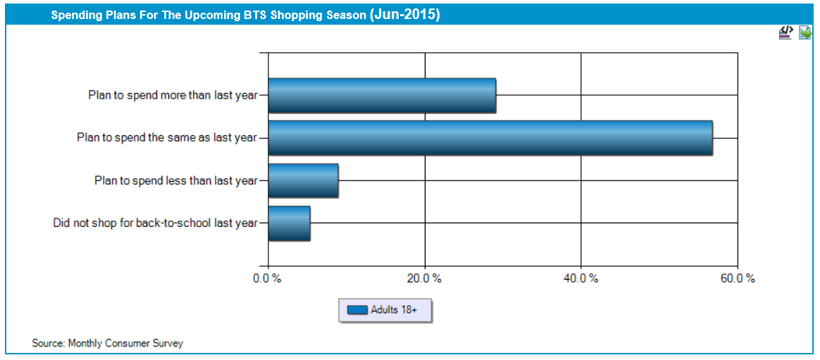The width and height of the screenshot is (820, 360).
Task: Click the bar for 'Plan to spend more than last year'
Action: coord(382,95)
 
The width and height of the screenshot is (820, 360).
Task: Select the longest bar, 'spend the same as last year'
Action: coord(490,137)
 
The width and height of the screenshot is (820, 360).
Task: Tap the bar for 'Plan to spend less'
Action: coord(303,180)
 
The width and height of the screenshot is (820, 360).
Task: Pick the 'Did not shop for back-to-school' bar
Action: coord(289,223)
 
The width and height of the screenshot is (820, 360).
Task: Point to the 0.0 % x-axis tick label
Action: coord(267,278)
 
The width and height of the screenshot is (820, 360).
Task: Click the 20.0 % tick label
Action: coord(425,278)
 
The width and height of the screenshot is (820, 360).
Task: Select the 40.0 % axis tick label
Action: coord(581,278)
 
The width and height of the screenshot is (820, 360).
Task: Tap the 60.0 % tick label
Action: coord(738,278)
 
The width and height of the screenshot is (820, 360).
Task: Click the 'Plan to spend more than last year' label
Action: coord(173,95)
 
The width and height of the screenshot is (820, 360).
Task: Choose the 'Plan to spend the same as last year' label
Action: coord(168,137)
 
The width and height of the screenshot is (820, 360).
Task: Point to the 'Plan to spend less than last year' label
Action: coord(176,180)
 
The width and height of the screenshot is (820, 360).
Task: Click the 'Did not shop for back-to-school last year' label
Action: coord(156,223)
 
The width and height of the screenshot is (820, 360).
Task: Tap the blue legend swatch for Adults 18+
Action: coord(357,310)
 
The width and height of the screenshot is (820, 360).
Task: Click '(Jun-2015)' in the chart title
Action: coord(404,15)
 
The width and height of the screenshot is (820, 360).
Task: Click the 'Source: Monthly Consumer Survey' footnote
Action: coord(107,344)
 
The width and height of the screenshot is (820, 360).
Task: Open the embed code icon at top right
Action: coord(785,32)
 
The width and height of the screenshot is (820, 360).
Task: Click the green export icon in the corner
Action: coord(805,32)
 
